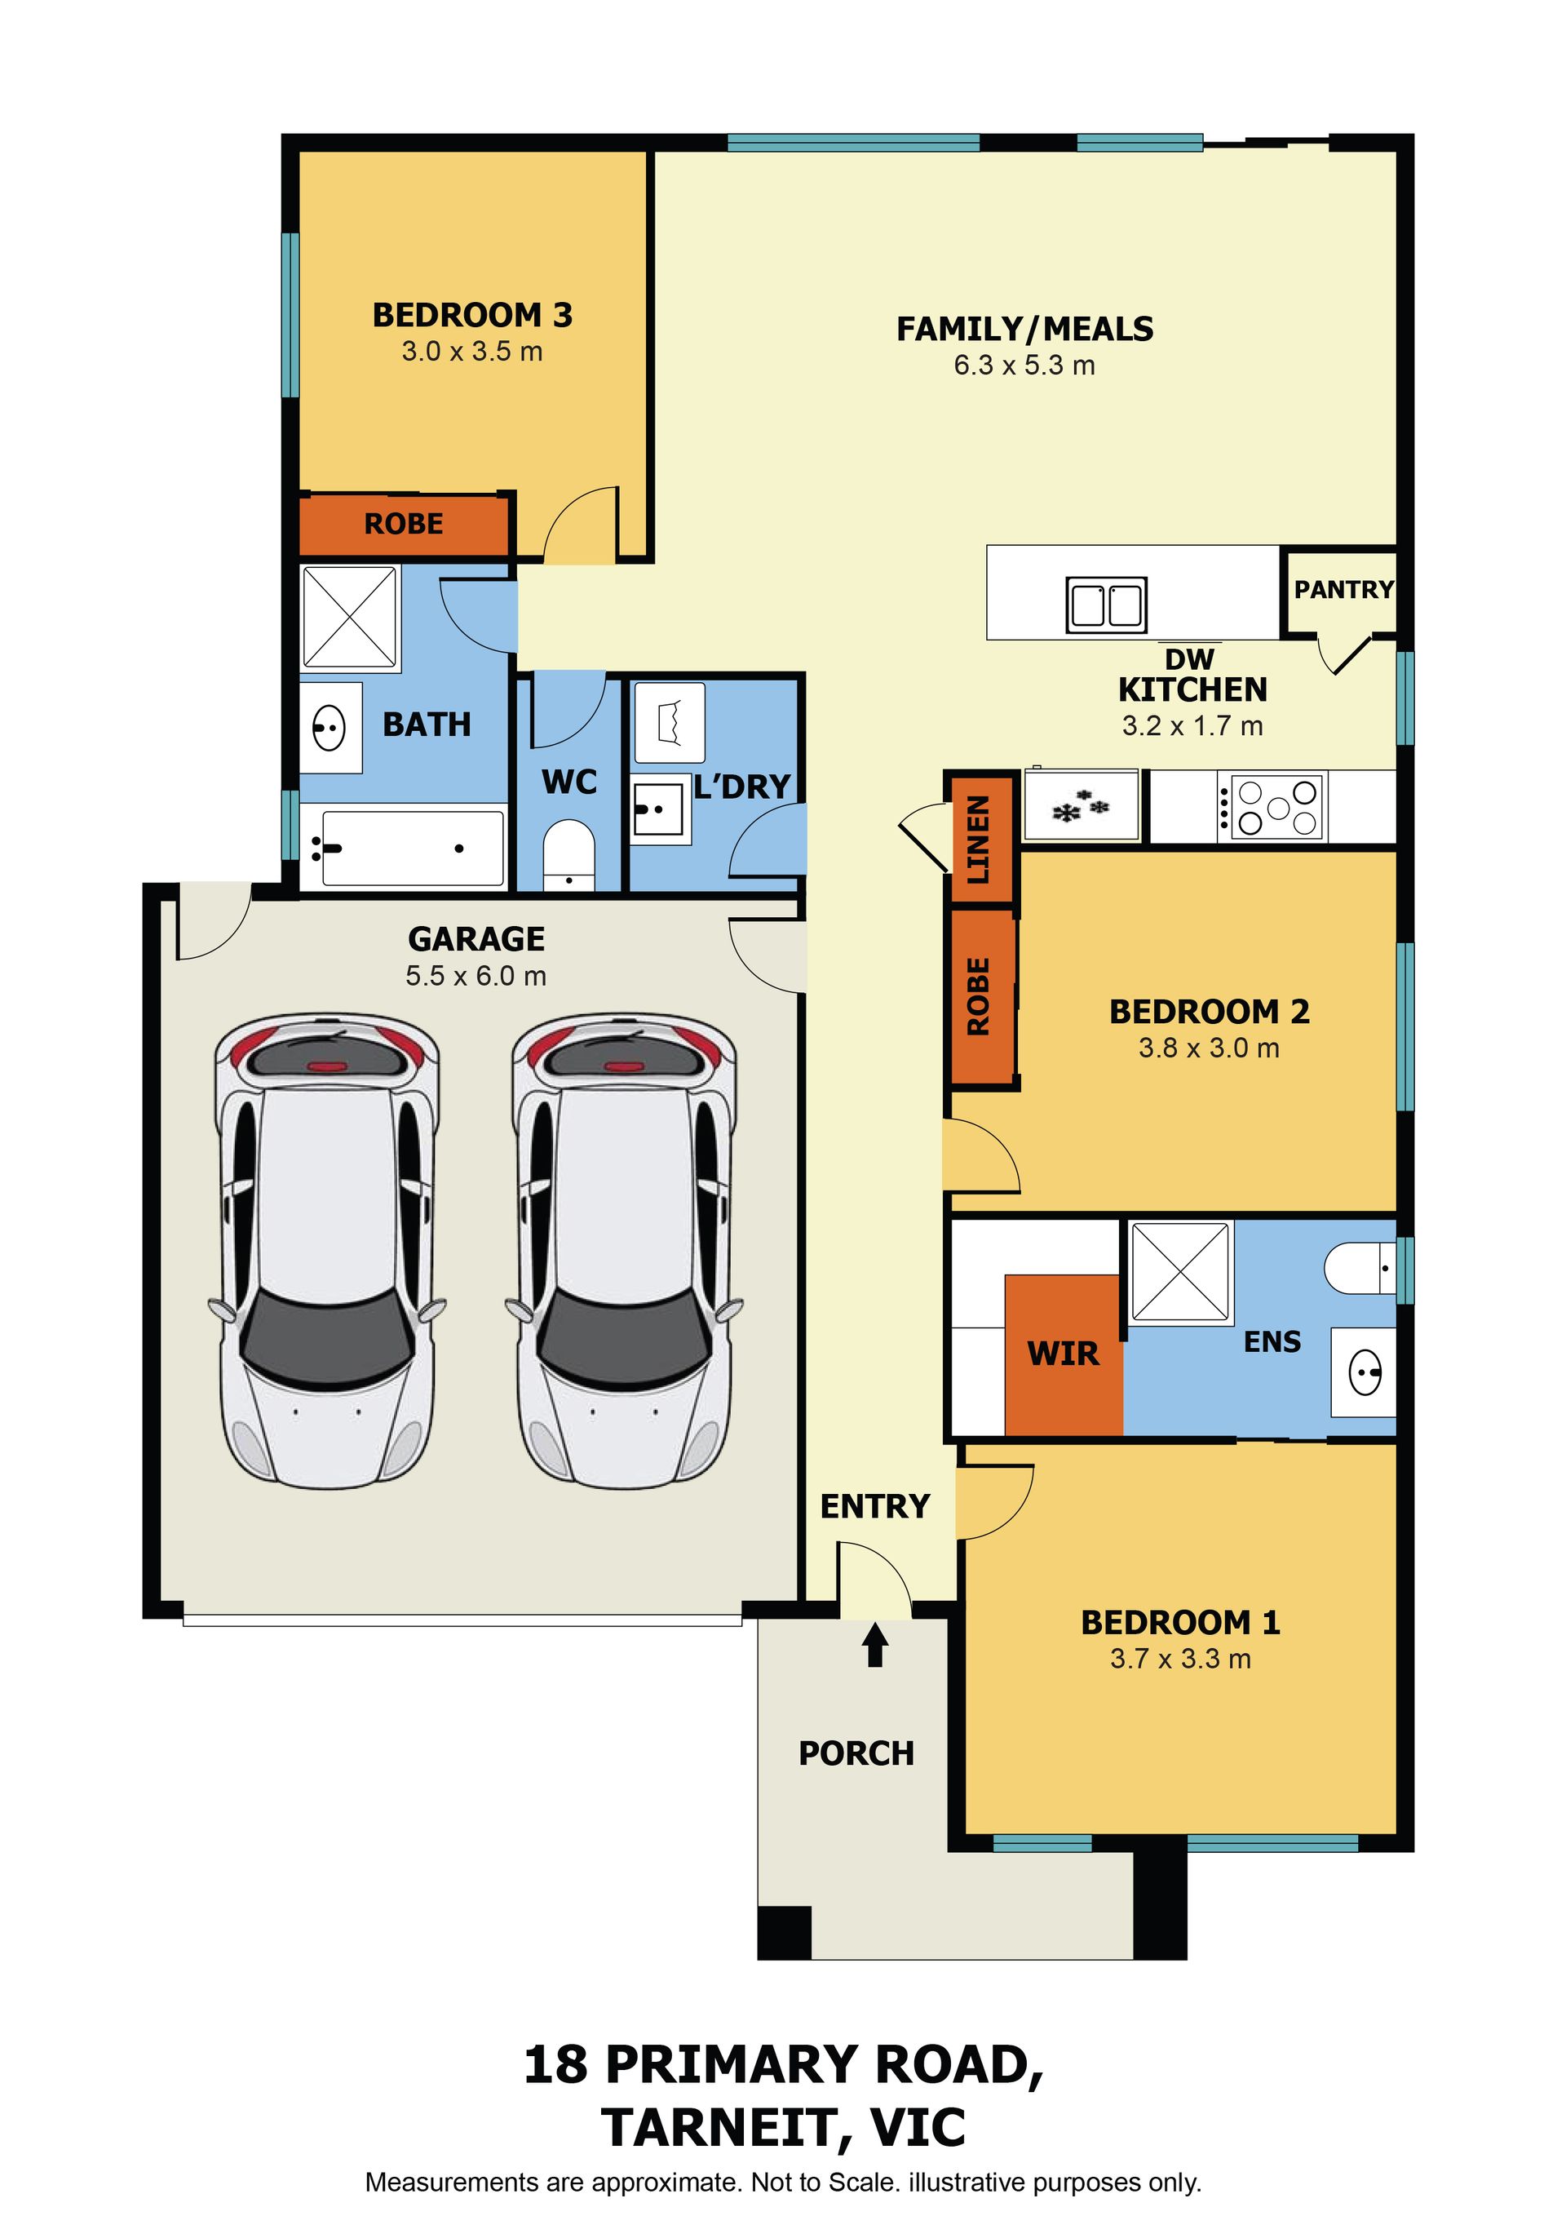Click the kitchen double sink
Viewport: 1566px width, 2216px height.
(x=1106, y=605)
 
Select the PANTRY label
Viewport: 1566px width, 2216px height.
(x=1344, y=589)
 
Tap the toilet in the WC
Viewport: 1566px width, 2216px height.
(x=568, y=855)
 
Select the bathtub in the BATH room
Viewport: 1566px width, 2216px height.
(x=402, y=848)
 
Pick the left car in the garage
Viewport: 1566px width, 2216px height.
(x=327, y=1251)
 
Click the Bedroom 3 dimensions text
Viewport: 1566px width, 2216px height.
(x=471, y=352)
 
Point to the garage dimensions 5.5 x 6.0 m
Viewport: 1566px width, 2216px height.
(x=476, y=976)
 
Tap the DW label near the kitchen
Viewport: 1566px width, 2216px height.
(x=1190, y=659)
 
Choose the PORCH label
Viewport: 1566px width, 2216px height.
(x=856, y=1753)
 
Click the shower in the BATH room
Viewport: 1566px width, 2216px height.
(x=349, y=618)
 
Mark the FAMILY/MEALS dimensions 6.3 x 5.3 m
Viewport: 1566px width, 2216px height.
(x=1024, y=366)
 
